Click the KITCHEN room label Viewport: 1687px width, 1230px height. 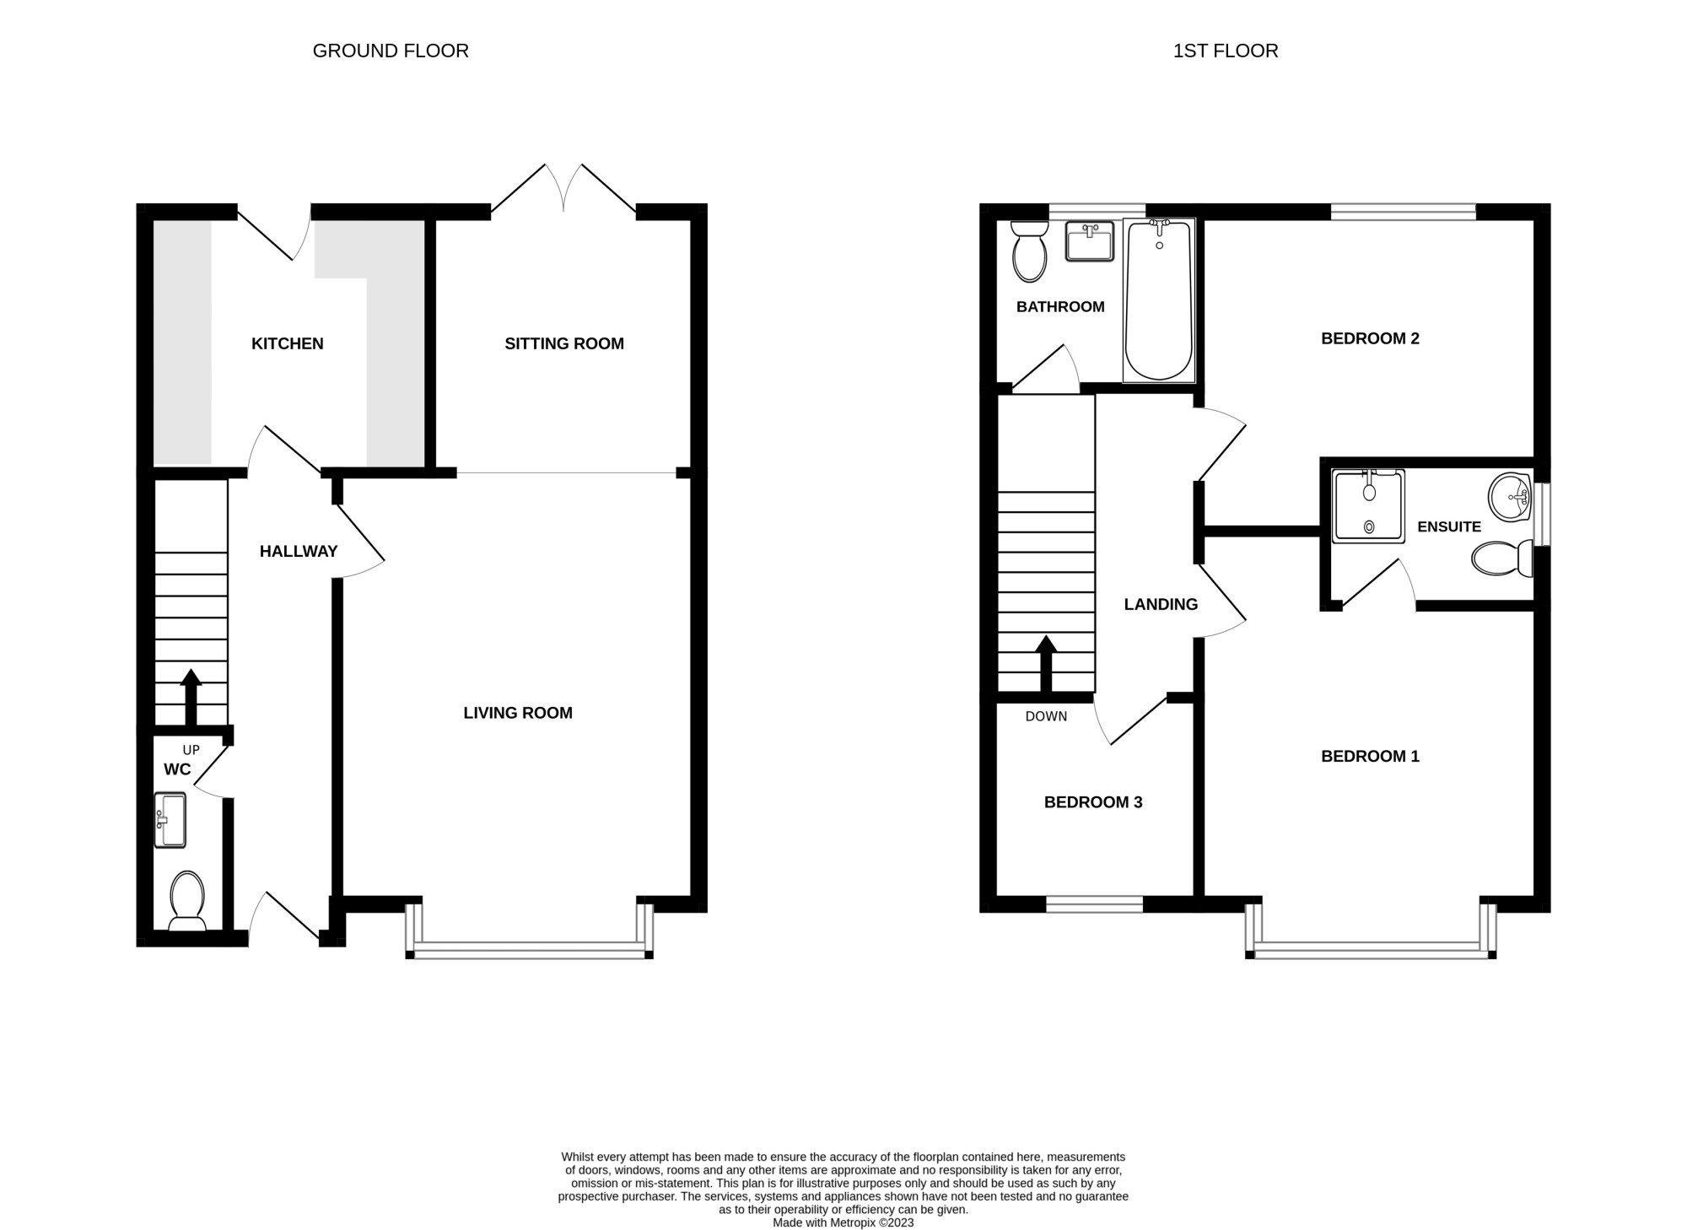[287, 343]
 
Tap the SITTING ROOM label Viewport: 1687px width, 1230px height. [564, 343]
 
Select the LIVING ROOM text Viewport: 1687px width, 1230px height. [518, 713]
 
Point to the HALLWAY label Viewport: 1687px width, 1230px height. [299, 551]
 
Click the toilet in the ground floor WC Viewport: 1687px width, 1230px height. [187, 901]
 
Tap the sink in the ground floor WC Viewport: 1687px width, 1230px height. [170, 819]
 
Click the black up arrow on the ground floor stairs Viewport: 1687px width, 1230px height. [191, 698]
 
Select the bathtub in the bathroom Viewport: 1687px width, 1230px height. [1159, 300]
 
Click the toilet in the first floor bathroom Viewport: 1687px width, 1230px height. [1029, 251]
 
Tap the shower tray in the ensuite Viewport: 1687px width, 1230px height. [1368, 506]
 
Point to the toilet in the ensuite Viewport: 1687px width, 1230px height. [1502, 558]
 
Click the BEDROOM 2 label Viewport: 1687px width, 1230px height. [1370, 338]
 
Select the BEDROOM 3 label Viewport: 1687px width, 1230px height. [1093, 802]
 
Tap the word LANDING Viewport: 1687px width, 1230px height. [1161, 604]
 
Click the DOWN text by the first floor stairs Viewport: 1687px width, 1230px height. [1046, 716]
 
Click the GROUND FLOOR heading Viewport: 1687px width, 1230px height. [391, 51]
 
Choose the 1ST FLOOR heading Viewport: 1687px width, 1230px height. [1226, 51]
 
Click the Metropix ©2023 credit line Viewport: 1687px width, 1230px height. [843, 1222]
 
